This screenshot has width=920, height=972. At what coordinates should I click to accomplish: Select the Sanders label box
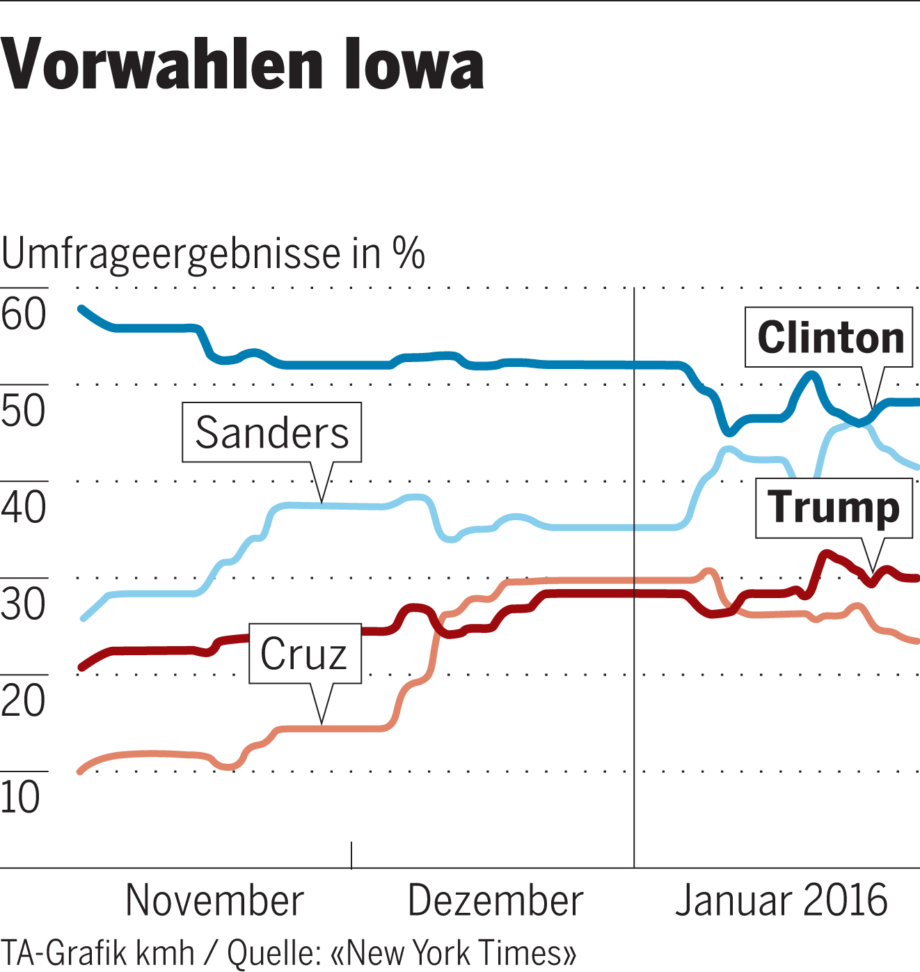pyautogui.click(x=271, y=432)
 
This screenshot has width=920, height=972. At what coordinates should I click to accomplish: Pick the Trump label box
pyautogui.click(x=834, y=508)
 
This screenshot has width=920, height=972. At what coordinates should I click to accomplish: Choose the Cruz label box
pyautogui.click(x=304, y=654)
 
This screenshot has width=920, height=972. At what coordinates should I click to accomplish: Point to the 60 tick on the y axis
pyautogui.click(x=24, y=314)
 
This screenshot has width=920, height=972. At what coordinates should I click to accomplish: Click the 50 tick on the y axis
pyautogui.click(x=24, y=411)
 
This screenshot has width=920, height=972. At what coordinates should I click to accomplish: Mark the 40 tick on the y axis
pyautogui.click(x=24, y=508)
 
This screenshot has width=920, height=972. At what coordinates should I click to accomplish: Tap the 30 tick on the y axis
pyautogui.click(x=24, y=604)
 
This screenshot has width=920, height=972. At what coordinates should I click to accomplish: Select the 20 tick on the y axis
pyautogui.click(x=24, y=700)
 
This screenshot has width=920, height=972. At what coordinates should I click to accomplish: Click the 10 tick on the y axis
pyautogui.click(x=21, y=797)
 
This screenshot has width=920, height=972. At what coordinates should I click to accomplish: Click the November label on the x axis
pyautogui.click(x=214, y=901)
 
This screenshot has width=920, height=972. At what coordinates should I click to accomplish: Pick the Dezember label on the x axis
pyautogui.click(x=495, y=901)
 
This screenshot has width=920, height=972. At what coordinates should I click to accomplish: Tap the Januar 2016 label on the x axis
pyautogui.click(x=781, y=901)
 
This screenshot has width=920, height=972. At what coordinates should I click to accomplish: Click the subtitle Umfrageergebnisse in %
pyautogui.click(x=212, y=254)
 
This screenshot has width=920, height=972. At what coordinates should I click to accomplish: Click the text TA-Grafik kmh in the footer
pyautogui.click(x=97, y=953)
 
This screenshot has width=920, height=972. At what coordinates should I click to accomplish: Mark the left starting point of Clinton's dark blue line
pyautogui.click(x=81, y=308)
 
